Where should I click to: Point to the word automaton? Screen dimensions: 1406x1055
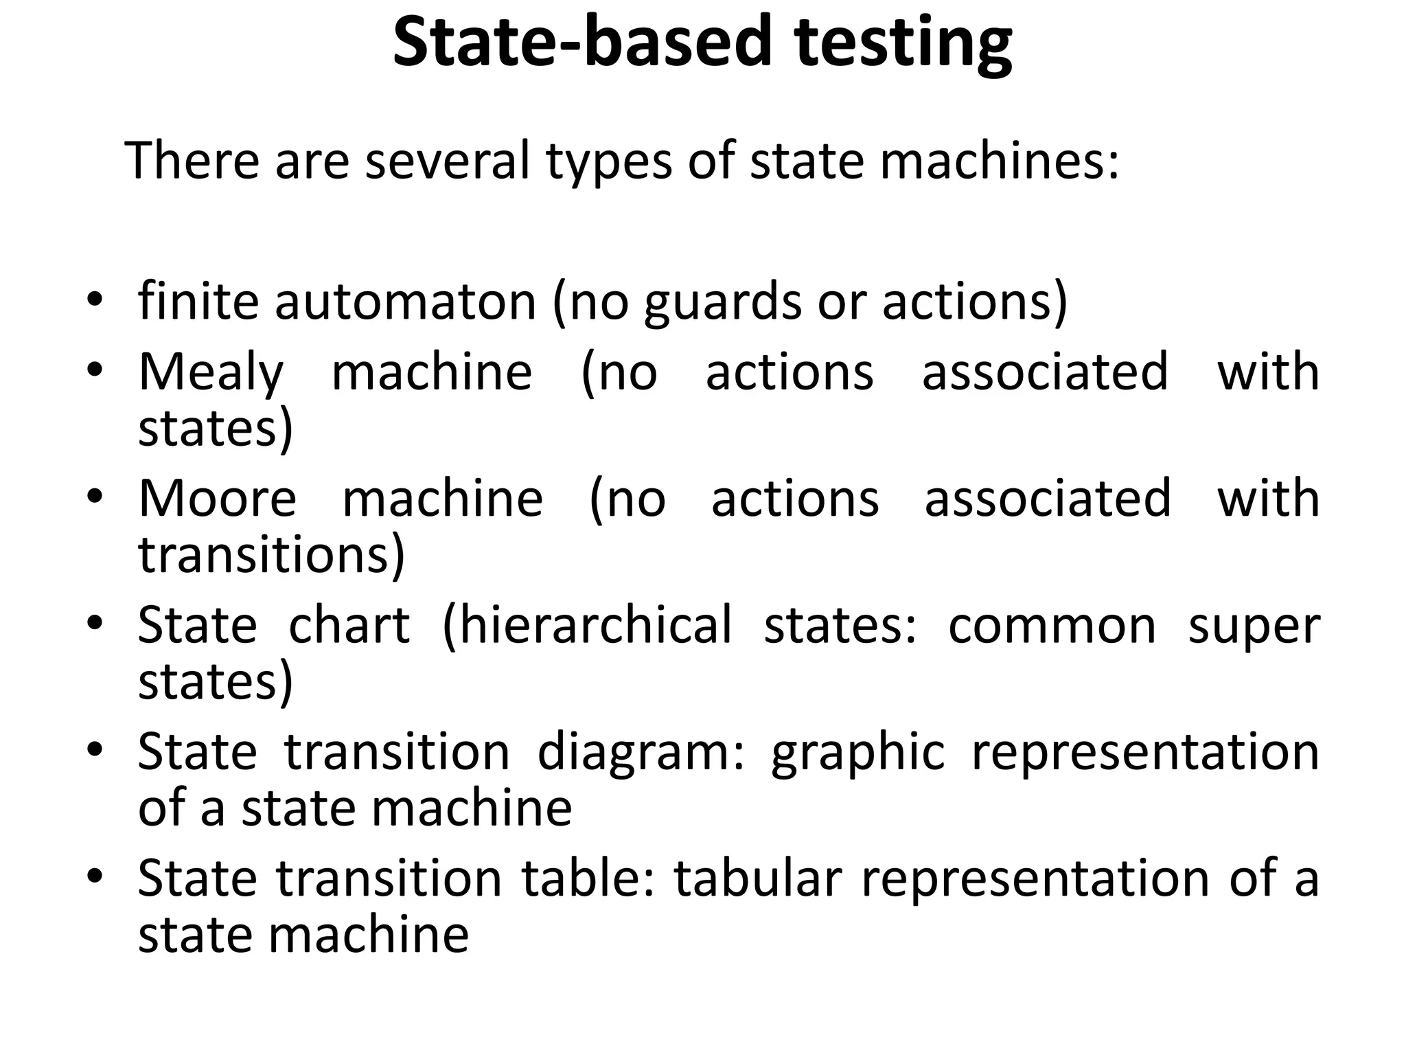point(405,302)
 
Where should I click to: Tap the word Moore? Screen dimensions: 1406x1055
point(217,498)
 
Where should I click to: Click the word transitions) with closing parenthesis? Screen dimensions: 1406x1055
point(272,555)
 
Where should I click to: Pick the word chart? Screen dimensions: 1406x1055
point(349,625)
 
